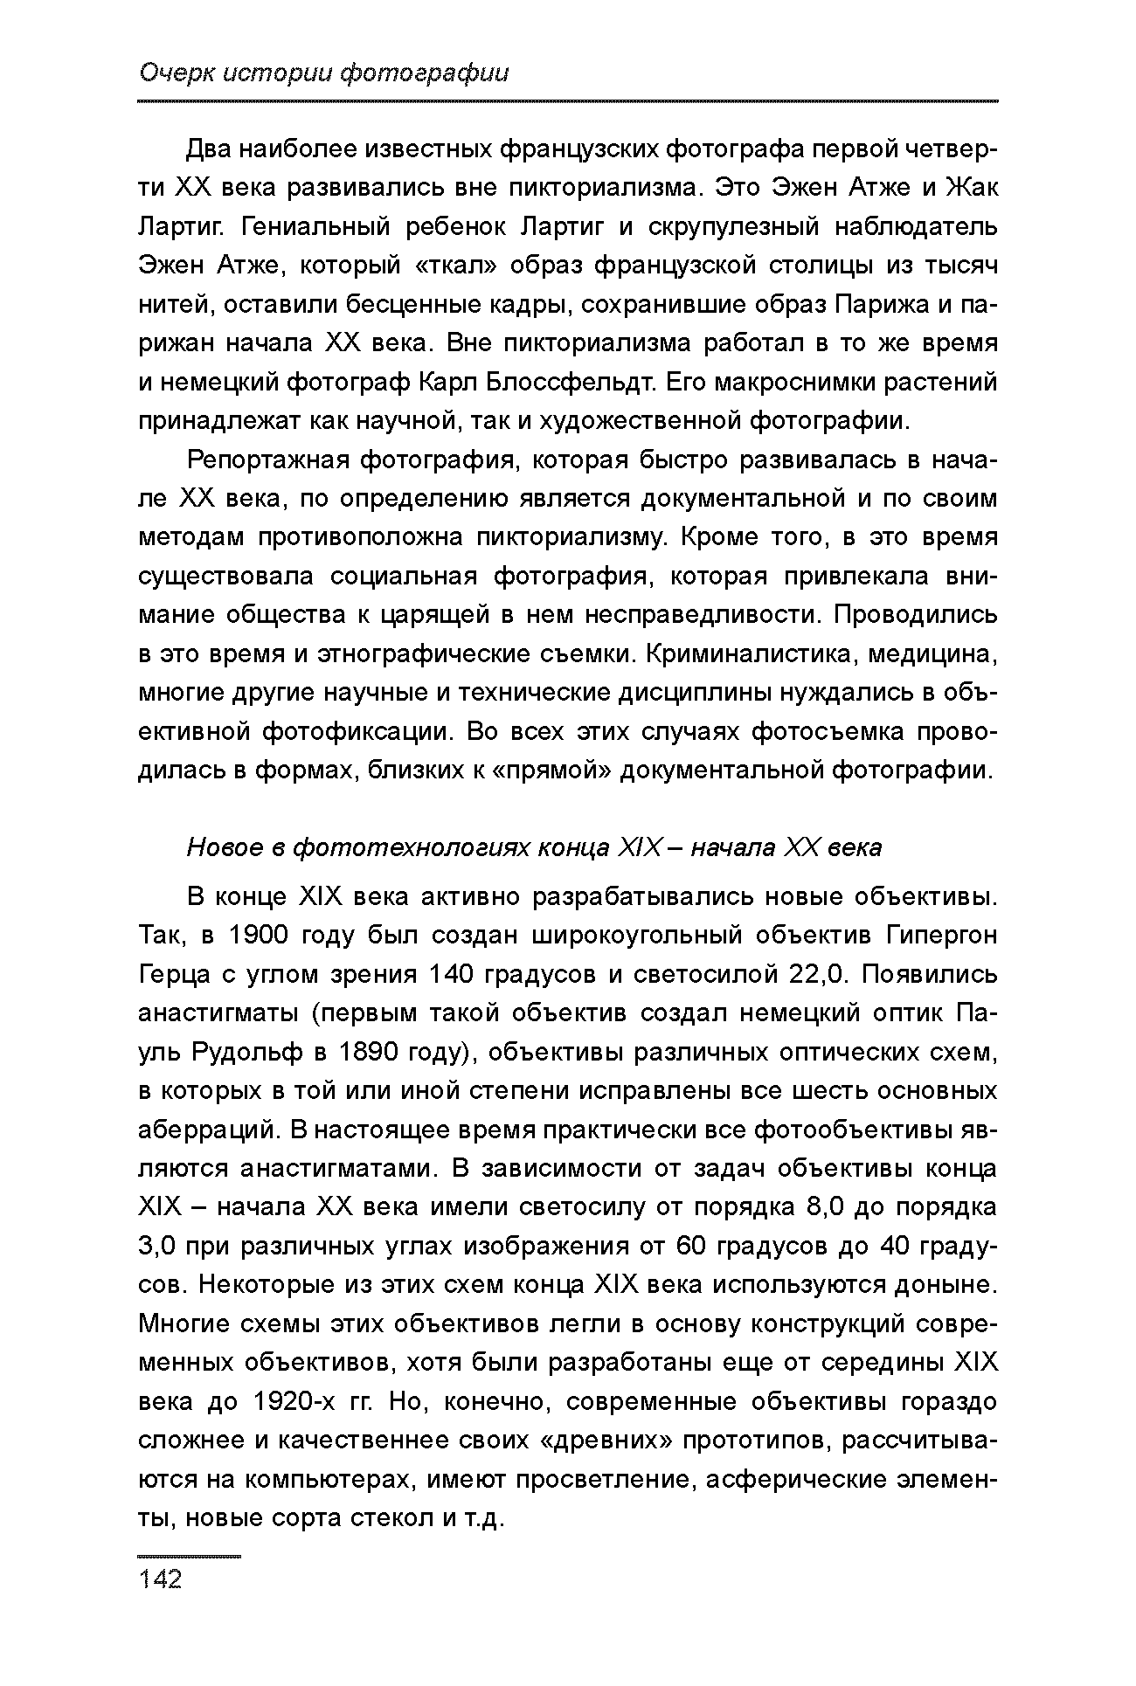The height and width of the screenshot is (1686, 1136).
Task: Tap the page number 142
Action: (x=160, y=1579)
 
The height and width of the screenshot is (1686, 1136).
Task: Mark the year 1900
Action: (x=258, y=936)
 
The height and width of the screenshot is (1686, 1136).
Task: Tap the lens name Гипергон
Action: (x=941, y=936)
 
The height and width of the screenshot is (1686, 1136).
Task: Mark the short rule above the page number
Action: (x=189, y=1556)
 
